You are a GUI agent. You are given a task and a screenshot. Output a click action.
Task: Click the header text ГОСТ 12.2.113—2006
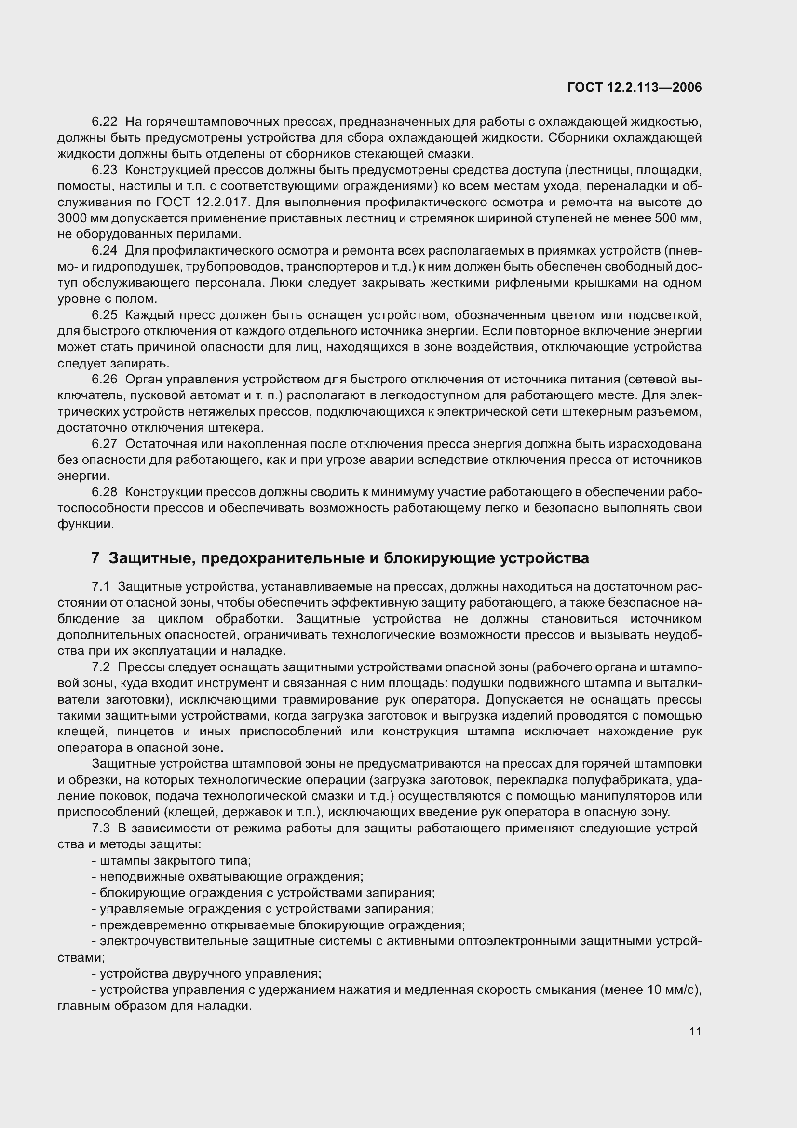[x=635, y=87]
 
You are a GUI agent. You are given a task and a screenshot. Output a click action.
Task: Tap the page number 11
[x=695, y=1031]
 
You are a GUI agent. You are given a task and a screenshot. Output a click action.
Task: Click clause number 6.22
[x=104, y=122]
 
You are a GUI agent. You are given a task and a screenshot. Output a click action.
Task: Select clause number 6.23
[x=104, y=170]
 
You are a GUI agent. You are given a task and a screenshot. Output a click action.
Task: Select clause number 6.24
[x=104, y=251]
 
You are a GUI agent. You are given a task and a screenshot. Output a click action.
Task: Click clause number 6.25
[x=104, y=315]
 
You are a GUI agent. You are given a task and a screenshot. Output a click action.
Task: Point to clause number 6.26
[x=104, y=379]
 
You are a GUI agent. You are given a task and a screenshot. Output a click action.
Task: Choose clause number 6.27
[x=104, y=444]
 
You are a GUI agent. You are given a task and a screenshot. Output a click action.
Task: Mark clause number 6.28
[x=104, y=492]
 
